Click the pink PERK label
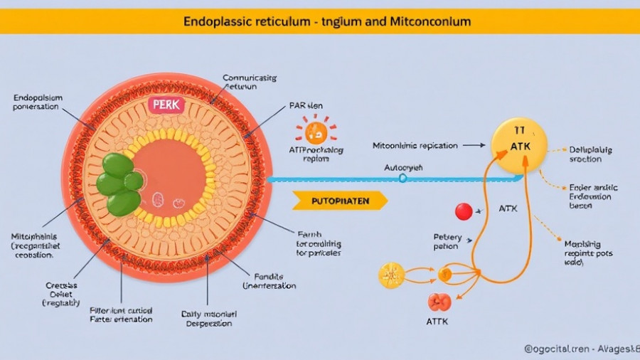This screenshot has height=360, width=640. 167,105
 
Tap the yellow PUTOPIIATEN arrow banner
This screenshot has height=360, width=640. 340,201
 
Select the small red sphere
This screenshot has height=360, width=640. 464,211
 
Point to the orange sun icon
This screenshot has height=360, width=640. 315,132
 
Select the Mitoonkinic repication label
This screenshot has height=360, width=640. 415,145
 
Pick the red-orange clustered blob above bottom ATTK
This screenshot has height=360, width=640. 439,302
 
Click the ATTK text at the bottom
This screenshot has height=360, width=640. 439,322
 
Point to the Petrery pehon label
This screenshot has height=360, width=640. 447,242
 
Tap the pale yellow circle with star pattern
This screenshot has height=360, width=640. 391,275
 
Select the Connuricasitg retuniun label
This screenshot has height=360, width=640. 249,82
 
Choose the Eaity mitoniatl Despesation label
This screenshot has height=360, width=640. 209,318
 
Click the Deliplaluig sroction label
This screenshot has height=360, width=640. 590,154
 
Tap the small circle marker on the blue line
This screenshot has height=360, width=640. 403,179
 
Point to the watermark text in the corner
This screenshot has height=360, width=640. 581,349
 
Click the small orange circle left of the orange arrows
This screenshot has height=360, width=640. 444,273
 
